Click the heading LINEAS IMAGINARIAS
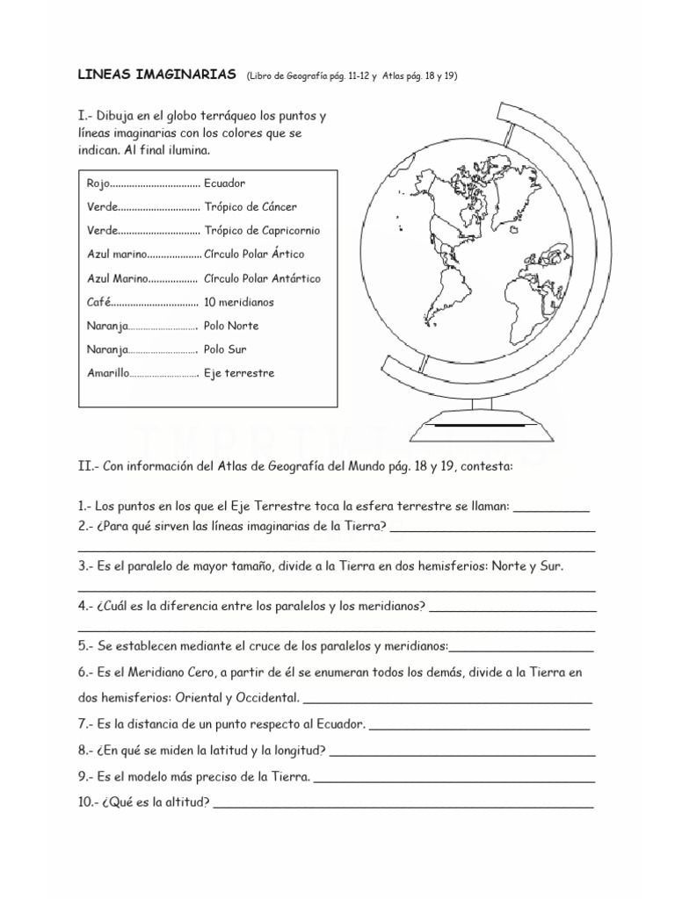pos(157,76)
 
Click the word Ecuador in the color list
pos(224,183)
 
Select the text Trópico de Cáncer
pos(250,207)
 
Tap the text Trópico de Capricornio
pos(262,231)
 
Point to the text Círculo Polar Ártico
pos(254,255)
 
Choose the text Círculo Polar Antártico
pos(262,278)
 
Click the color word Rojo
pos(99,183)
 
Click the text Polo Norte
pos(231,326)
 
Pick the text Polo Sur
pos(225,349)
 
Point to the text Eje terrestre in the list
pos(239,373)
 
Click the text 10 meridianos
pos(239,302)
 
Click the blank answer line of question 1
pos(550,509)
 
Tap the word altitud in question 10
pos(186,802)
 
